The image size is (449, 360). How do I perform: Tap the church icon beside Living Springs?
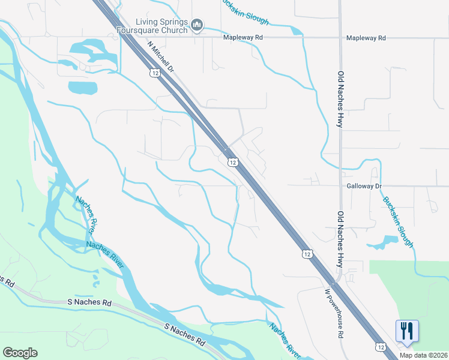point(197,25)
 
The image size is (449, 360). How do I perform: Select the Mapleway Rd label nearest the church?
point(243,38)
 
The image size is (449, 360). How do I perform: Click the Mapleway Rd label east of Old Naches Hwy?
point(366,38)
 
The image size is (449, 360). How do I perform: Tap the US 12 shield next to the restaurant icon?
point(381,347)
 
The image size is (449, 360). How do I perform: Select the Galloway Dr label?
point(364,187)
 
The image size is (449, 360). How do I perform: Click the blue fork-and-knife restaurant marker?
point(406,331)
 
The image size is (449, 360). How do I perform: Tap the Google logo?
point(20,353)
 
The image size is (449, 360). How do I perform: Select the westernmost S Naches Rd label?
point(5,280)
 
